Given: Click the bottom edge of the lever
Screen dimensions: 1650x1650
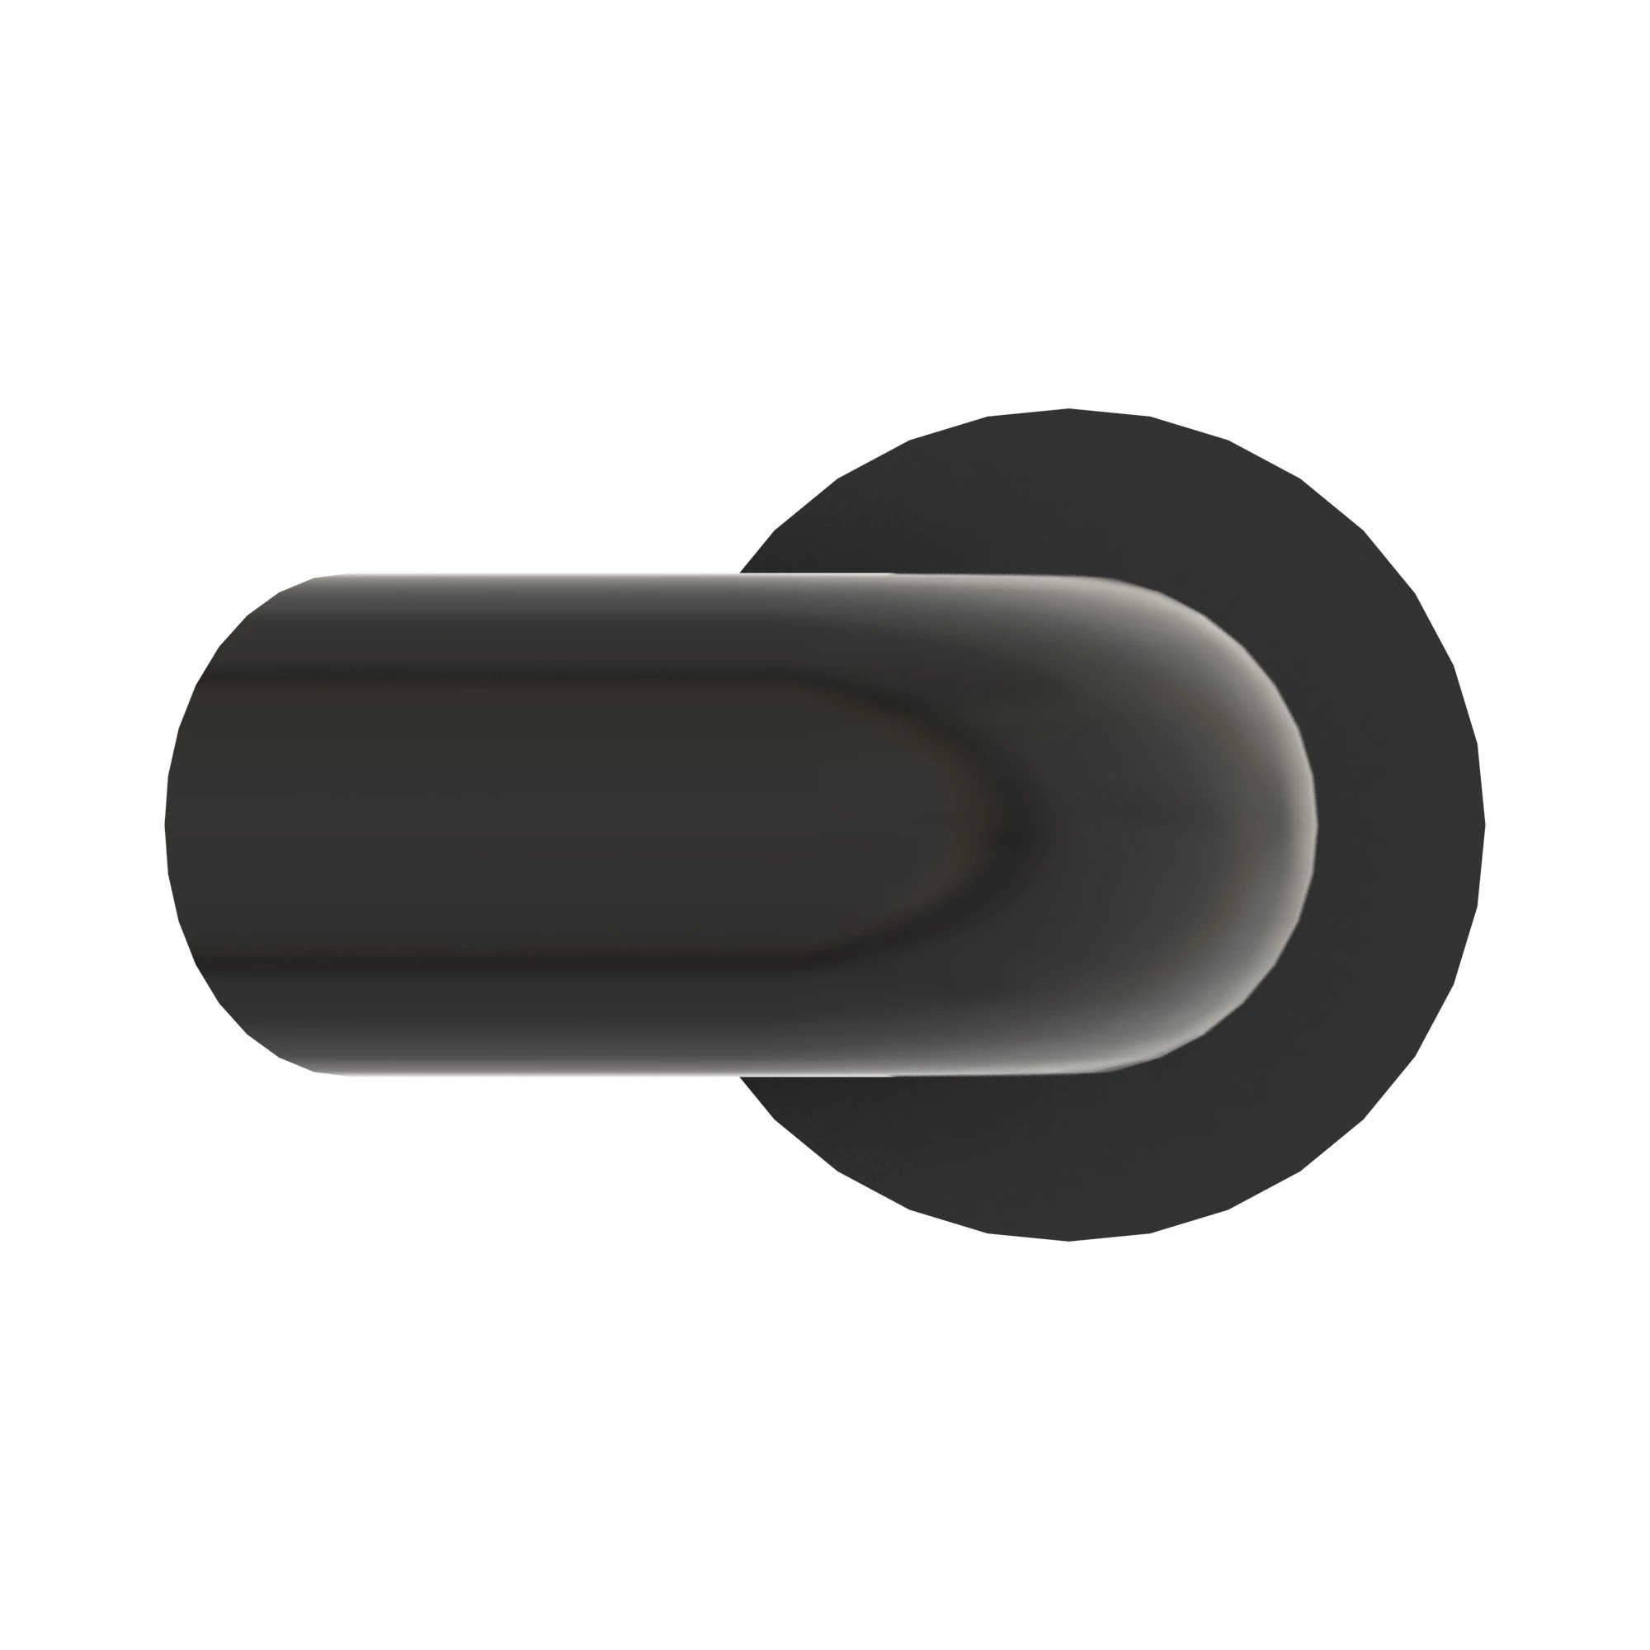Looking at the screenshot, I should point(598,1073).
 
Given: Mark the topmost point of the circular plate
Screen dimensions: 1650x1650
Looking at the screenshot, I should point(1069,410).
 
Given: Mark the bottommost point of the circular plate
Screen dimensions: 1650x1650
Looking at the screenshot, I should point(1069,1240).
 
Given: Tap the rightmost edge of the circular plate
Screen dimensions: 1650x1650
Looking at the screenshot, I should point(1484,825).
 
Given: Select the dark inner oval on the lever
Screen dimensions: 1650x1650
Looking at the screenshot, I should point(598,824).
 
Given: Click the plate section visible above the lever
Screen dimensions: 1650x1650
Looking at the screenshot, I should point(1068,495).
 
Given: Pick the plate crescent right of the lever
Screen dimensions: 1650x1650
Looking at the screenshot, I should point(1401,825).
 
